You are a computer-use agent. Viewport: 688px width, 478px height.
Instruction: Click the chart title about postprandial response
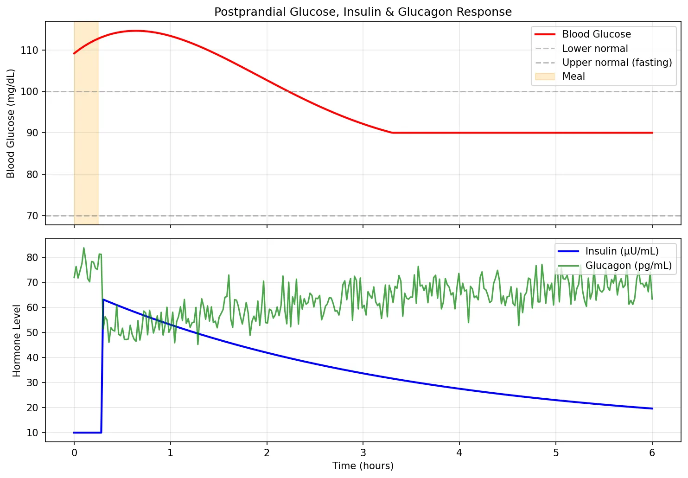tap(363, 12)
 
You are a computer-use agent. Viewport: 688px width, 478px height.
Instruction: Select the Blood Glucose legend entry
tap(596, 34)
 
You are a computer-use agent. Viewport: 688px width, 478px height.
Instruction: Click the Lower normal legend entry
tap(595, 49)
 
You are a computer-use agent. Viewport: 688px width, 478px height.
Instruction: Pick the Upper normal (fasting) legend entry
tap(617, 63)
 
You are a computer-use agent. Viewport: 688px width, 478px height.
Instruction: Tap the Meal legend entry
tap(573, 76)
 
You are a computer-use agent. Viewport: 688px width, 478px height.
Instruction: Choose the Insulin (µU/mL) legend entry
tap(622, 251)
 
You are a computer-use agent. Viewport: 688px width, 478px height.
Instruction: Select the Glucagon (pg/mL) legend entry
tap(628, 266)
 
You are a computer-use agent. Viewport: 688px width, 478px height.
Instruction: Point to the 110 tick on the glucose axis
tap(29, 50)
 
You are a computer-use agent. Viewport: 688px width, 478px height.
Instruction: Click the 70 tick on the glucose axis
tap(32, 216)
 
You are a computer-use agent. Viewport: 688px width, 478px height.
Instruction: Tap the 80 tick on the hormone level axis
tap(32, 257)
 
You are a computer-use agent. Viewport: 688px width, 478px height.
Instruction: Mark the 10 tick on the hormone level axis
tap(32, 433)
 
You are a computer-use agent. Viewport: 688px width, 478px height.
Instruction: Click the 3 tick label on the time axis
tap(363, 453)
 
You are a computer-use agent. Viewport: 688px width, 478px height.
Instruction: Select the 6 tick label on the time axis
tap(652, 453)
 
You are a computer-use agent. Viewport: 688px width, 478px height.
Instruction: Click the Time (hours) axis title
tap(363, 466)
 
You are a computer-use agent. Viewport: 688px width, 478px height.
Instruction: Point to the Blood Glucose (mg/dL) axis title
tap(11, 123)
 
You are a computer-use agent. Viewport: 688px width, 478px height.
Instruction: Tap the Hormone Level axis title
tap(17, 341)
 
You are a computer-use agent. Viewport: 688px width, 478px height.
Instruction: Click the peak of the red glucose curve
tap(135, 31)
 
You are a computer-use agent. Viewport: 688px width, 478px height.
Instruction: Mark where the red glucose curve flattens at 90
tap(393, 133)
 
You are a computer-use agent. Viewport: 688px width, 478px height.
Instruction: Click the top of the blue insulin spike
tap(103, 300)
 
